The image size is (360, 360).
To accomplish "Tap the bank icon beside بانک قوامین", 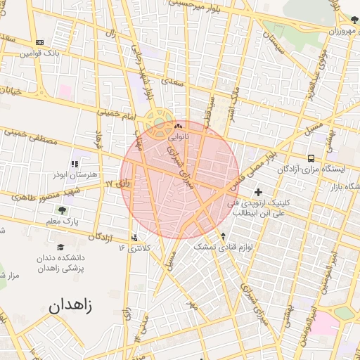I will click(x=39, y=43).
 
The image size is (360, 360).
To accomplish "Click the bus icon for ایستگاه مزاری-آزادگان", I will click(x=311, y=158).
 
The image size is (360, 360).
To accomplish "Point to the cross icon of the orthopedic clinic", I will click(x=258, y=192).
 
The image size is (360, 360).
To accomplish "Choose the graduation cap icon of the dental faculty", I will click(x=61, y=247).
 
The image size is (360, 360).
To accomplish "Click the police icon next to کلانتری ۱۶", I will click(x=135, y=237).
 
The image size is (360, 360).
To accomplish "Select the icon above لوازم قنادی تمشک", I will click(x=223, y=236).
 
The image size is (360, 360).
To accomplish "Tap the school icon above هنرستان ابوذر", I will click(x=75, y=164).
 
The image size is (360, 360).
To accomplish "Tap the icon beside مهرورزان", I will click(x=354, y=20).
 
